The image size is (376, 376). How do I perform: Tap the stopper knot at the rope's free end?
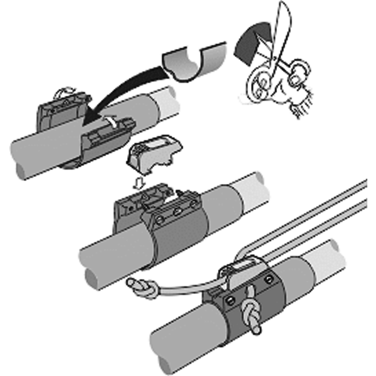pyautogui.click(x=139, y=287)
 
